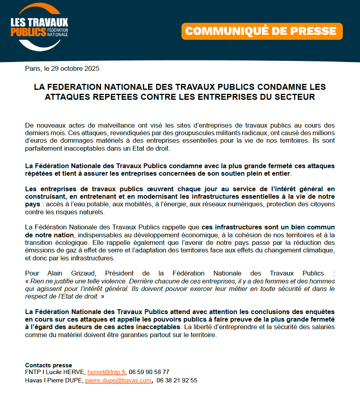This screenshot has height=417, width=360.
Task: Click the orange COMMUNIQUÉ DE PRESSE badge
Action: tap(262, 31)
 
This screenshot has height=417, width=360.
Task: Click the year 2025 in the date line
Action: tap(92, 68)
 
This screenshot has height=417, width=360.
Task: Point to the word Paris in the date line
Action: tap(33, 68)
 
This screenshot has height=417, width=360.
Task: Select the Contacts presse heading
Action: tap(48, 365)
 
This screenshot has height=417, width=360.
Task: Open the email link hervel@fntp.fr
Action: tap(106, 372)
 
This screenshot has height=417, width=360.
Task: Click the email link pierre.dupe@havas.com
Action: tap(118, 380)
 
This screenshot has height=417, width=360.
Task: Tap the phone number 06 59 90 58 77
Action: tap(149, 372)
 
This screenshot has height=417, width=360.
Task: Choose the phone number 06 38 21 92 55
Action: tap(177, 380)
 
